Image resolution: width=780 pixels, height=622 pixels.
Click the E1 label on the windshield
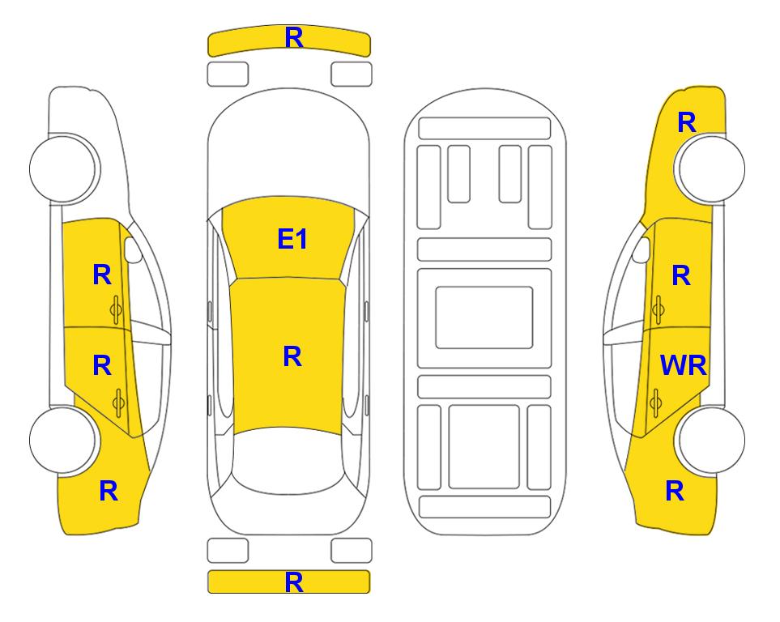(292, 239)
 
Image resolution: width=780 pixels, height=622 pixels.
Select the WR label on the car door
(683, 366)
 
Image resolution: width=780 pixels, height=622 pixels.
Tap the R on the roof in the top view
(292, 356)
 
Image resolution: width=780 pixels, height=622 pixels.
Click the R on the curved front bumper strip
(294, 37)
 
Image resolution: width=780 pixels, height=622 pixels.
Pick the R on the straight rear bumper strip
(294, 582)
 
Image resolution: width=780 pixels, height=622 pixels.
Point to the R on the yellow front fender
(687, 122)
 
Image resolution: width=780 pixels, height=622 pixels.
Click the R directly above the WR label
(681, 275)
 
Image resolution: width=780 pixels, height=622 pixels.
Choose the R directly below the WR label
(675, 491)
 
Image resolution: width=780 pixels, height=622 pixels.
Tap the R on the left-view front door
(102, 275)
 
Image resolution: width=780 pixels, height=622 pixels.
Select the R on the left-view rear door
(102, 366)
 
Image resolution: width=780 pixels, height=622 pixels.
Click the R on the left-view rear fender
(109, 491)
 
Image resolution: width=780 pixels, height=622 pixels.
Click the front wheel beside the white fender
(62, 168)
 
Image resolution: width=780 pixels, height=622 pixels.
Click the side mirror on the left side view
(132, 249)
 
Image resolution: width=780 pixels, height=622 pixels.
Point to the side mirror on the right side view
(641, 249)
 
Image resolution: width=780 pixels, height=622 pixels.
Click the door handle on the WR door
(656, 403)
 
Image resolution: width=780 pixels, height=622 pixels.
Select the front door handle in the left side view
(117, 310)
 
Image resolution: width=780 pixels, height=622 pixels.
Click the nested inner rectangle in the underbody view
(484, 317)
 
